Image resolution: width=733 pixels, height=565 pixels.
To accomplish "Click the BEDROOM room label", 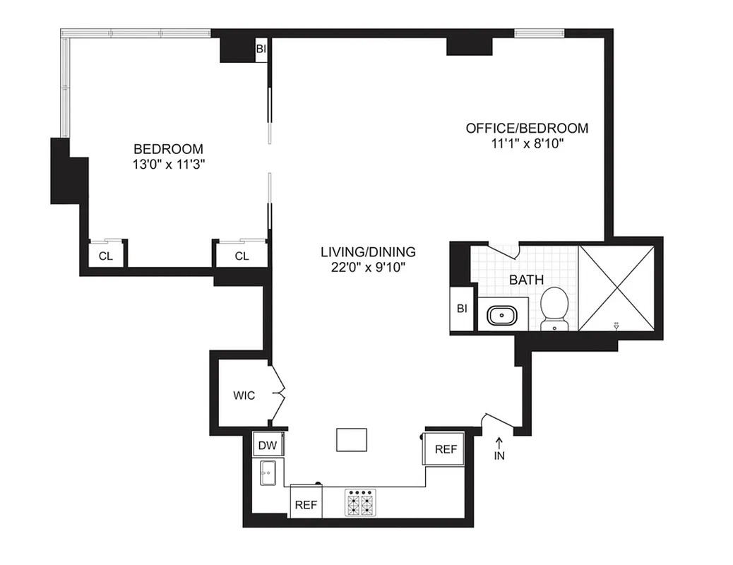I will pyautogui.click(x=168, y=149).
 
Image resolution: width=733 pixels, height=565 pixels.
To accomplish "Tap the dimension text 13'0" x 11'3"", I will pyautogui.click(x=168, y=164).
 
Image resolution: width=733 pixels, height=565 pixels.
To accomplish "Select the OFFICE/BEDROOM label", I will pyautogui.click(x=526, y=128).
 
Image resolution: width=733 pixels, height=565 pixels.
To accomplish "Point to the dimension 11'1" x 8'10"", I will pyautogui.click(x=526, y=143).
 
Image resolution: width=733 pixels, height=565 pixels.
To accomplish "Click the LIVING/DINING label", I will pyautogui.click(x=368, y=252).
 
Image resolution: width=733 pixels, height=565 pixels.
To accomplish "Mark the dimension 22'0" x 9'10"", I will pyautogui.click(x=368, y=267).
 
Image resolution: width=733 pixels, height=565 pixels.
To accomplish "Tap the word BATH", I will pyautogui.click(x=526, y=280).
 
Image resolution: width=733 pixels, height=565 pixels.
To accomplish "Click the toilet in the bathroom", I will pyautogui.click(x=554, y=308).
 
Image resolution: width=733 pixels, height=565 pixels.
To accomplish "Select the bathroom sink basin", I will pyautogui.click(x=503, y=314).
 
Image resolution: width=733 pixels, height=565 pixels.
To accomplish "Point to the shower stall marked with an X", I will pyautogui.click(x=616, y=287).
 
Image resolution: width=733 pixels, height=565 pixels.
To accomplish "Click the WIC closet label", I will pyautogui.click(x=244, y=395).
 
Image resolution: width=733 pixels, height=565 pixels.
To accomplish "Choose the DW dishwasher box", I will pyautogui.click(x=267, y=446).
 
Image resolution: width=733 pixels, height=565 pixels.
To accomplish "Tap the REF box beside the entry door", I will pyautogui.click(x=445, y=448).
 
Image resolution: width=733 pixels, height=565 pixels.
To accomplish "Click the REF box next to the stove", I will pyautogui.click(x=305, y=504).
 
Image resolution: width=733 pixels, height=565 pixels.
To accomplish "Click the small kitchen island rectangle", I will pyautogui.click(x=352, y=439).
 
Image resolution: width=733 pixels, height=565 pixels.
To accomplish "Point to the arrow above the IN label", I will pyautogui.click(x=499, y=443).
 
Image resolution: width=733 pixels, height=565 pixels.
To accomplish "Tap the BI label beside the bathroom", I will pyautogui.click(x=462, y=309).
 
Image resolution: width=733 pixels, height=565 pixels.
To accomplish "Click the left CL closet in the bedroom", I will pyautogui.click(x=105, y=256).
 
